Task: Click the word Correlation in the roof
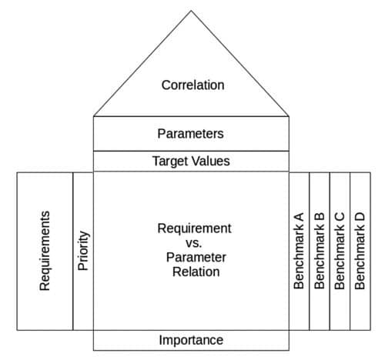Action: click(x=192, y=85)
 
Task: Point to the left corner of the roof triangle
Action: click(x=94, y=116)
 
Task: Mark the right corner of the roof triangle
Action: click(x=289, y=116)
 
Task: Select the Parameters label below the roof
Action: click(x=190, y=134)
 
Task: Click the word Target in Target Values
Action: click(x=170, y=162)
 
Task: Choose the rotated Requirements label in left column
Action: click(x=45, y=250)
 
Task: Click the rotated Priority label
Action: click(x=84, y=250)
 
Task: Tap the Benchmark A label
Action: click(x=299, y=250)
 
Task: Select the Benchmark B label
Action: click(x=320, y=250)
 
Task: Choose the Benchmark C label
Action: click(x=340, y=250)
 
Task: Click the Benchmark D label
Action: click(x=360, y=250)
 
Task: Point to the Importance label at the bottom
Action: click(x=191, y=340)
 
